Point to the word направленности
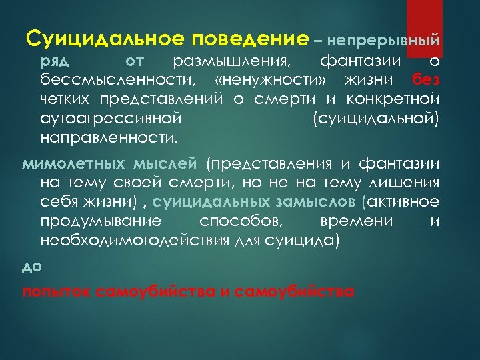point(100,139)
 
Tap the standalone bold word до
point(32,267)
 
